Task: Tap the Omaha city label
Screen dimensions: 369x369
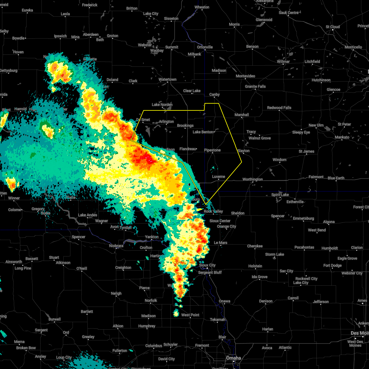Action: tap(233, 358)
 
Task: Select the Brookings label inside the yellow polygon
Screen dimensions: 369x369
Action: tap(185, 125)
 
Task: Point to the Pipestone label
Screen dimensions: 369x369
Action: tap(212, 150)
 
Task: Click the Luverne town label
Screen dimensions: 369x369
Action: tap(218, 177)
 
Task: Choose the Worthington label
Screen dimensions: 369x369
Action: tap(252, 179)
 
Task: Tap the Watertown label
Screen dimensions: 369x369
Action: tap(168, 80)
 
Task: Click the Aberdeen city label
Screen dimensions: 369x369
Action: tap(91, 34)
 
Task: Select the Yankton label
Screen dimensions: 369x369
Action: tap(152, 237)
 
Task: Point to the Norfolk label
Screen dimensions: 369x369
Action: tap(151, 300)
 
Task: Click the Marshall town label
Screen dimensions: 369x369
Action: tap(242, 115)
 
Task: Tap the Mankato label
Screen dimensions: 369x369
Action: tap(342, 137)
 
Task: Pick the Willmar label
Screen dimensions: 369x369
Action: tap(283, 61)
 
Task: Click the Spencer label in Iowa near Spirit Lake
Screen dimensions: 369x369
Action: tap(278, 216)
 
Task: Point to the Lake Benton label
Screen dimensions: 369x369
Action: tap(203, 132)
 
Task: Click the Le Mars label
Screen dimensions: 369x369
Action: tap(220, 243)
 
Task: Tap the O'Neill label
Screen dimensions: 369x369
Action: tap(81, 268)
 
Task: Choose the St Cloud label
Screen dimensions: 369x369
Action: tap(333, 27)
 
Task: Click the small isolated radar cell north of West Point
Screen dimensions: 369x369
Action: tap(176, 313)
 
